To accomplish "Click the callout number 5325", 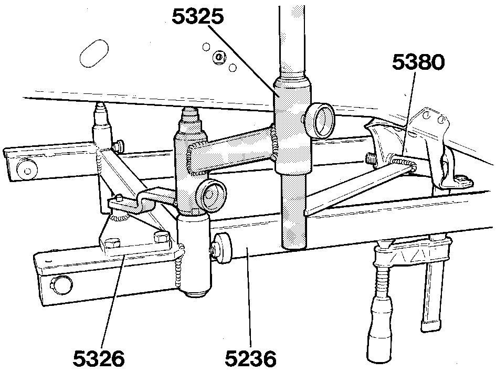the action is [198, 17].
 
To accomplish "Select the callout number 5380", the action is [418, 62].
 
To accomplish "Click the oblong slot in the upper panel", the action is [94, 53].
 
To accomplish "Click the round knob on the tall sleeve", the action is [320, 120].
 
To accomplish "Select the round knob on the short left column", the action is [211, 195].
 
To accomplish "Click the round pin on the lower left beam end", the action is [60, 282].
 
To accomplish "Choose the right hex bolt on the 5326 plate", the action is [162, 237].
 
